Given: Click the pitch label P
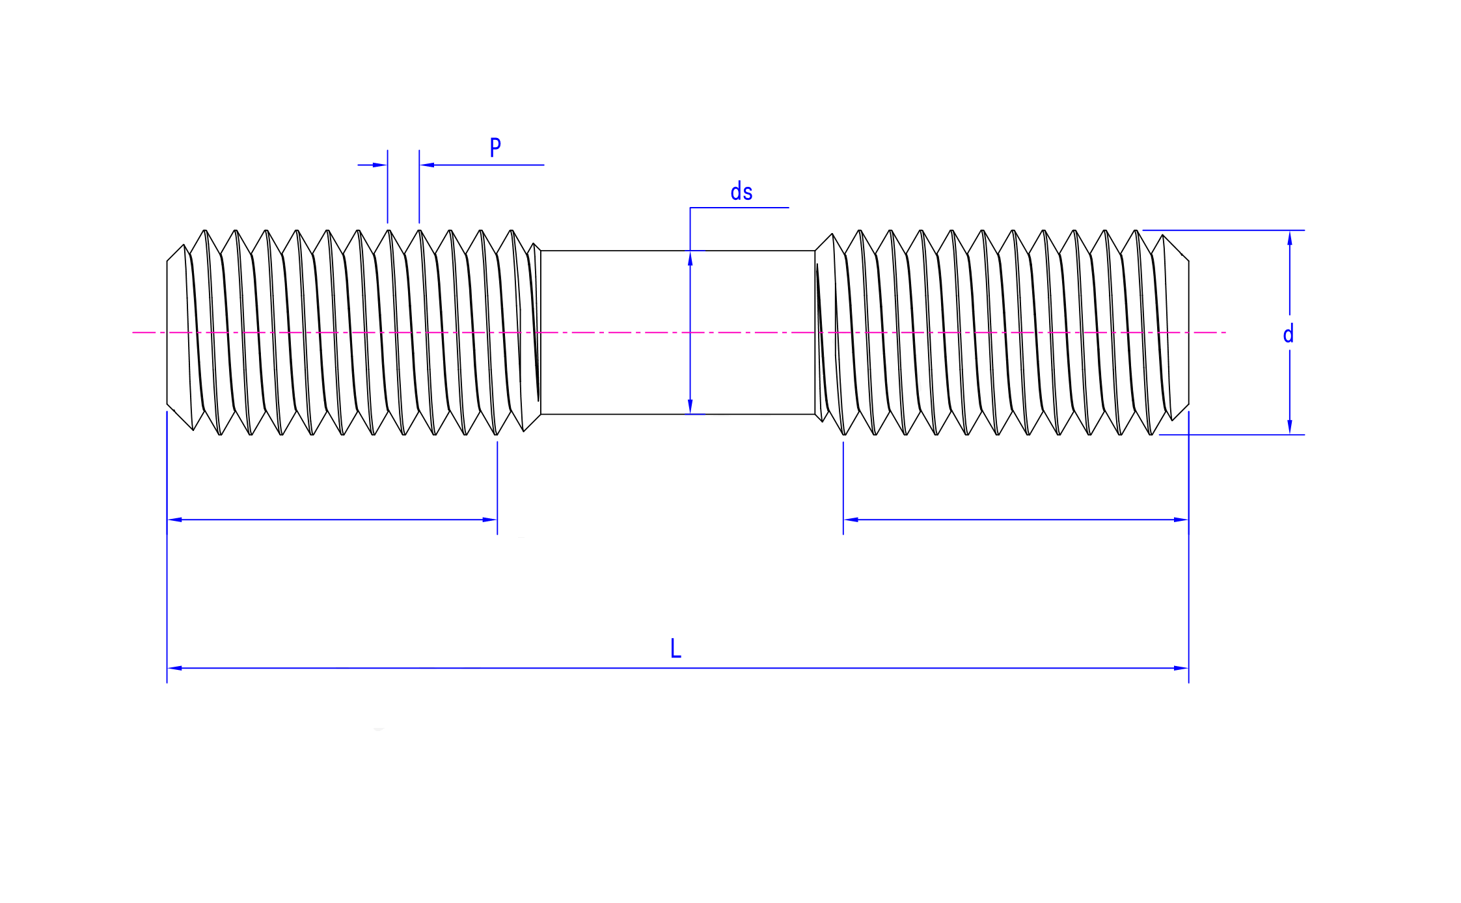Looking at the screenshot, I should (x=495, y=147).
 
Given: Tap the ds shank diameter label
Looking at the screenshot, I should (x=741, y=193).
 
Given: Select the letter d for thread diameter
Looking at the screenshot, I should (x=1288, y=335).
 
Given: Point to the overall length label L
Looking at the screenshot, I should (x=676, y=648).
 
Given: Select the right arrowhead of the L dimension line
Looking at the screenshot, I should (x=1181, y=668).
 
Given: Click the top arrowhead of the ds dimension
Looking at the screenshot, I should (x=690, y=258).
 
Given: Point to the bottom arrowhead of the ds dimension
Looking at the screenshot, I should (x=690, y=406).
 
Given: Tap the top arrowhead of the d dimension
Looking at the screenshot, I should (x=1290, y=238).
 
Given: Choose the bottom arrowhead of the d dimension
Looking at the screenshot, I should (x=1290, y=426).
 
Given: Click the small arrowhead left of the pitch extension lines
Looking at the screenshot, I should (x=380, y=165).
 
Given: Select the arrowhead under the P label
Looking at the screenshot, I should (x=428, y=165).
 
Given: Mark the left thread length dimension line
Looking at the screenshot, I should (x=332, y=520).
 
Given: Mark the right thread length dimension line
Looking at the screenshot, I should (x=1015, y=520).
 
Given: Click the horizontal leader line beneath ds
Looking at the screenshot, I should (x=739, y=208).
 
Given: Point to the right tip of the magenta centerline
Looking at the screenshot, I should (x=1225, y=333).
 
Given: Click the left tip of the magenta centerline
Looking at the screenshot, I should (x=134, y=333).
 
